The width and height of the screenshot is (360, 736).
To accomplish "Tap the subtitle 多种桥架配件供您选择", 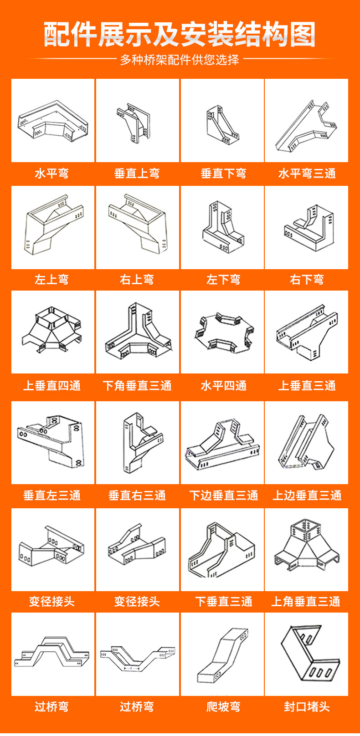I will click(180, 60).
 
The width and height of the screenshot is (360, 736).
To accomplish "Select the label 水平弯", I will click(52, 174).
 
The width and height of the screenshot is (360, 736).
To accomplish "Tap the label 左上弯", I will click(52, 280).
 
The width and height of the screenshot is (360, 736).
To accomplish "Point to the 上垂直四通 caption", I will click(52, 386).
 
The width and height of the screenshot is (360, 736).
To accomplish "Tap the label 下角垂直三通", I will click(137, 386).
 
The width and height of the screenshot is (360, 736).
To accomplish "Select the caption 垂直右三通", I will click(137, 496).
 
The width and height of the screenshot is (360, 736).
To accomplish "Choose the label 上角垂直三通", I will click(306, 602).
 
